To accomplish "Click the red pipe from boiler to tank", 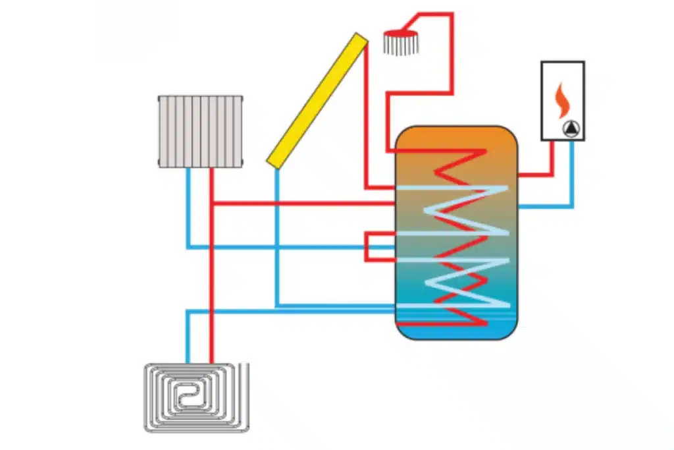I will (552, 165).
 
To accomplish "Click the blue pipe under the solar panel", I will (277, 237).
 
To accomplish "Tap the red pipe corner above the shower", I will (452, 14).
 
